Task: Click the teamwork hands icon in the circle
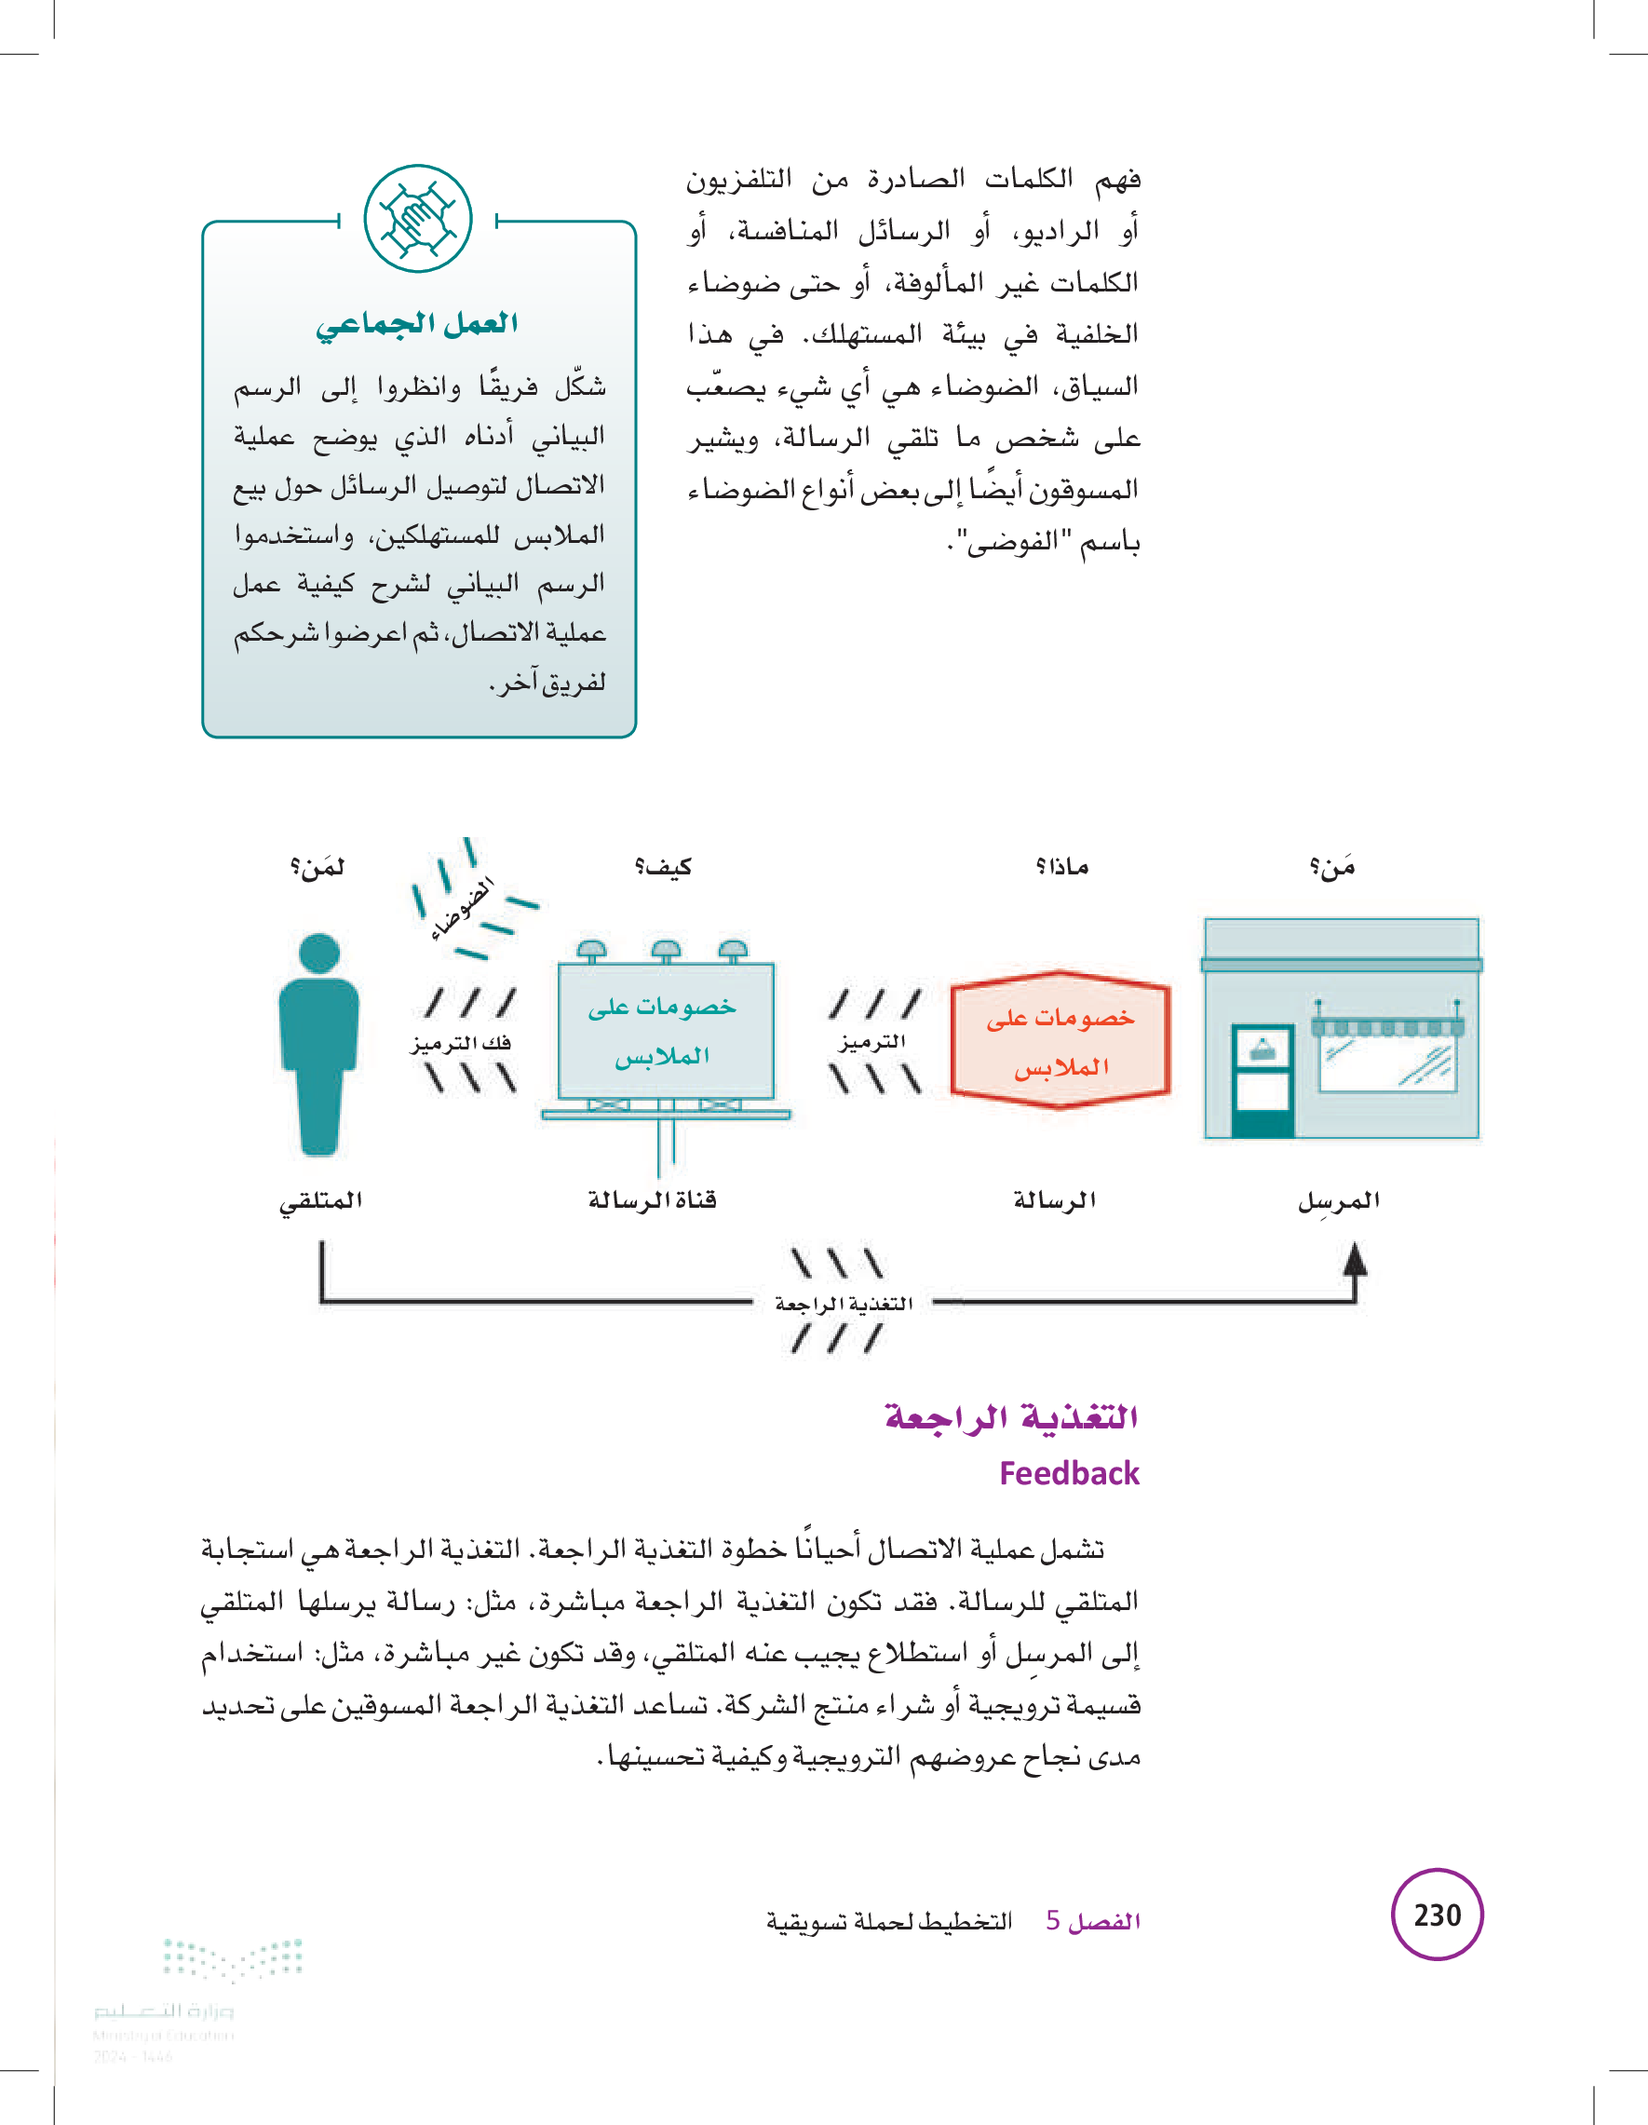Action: point(417,219)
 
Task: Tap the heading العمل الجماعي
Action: point(416,323)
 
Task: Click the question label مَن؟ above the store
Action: point(1331,866)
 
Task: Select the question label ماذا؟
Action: point(1061,866)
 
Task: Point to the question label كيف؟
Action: point(663,866)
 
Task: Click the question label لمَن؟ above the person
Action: point(317,866)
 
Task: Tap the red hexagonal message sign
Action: point(1060,1040)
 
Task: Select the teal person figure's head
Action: point(319,953)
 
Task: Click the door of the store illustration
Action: point(1262,1079)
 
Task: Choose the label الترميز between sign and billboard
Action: point(872,1042)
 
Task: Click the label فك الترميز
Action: point(461,1043)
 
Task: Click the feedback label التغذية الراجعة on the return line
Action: point(843,1304)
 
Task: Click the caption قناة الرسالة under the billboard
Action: point(652,1199)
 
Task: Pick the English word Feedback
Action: point(1068,1473)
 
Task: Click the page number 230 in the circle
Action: point(1437,1914)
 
